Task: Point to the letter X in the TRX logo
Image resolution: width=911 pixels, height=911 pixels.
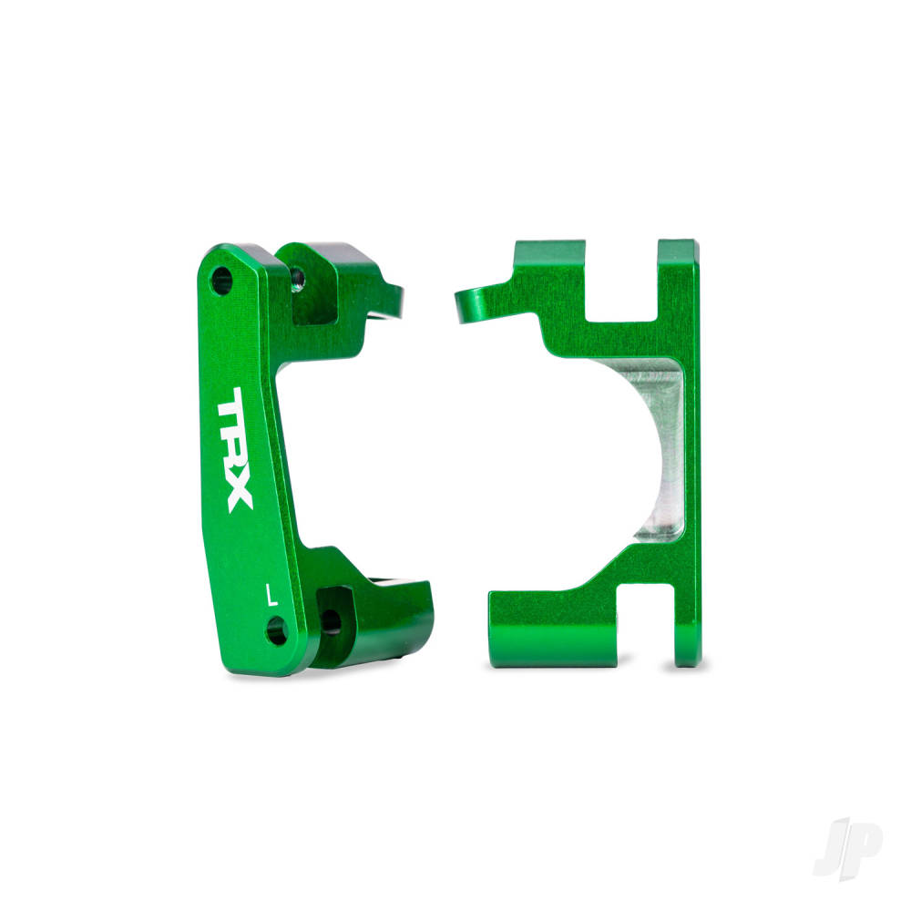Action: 241,495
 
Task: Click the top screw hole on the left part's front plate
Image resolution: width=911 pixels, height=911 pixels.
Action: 221,280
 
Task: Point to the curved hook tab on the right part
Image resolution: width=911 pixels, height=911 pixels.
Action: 475,305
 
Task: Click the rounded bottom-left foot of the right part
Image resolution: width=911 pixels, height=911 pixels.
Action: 510,629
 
